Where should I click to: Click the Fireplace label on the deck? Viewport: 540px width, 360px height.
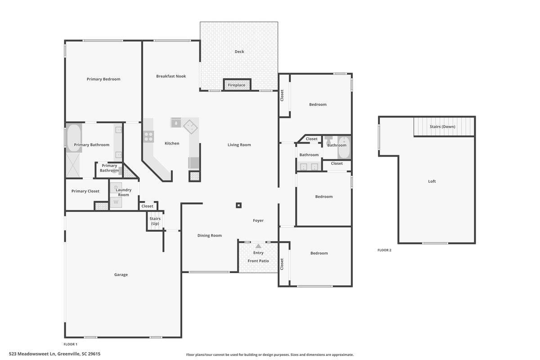coord(237,85)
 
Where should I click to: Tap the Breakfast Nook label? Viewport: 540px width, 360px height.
coord(171,76)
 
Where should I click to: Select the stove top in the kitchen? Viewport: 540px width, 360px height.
coord(148,136)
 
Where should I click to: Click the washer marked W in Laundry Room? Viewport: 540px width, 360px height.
coord(116,202)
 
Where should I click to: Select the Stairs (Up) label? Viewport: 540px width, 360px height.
coord(155,221)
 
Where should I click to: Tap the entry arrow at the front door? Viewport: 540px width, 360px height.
coord(258,246)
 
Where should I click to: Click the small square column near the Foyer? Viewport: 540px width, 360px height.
coord(239,206)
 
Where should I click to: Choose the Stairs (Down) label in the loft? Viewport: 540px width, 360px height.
coord(442,126)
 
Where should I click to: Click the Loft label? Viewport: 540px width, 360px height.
coord(432,181)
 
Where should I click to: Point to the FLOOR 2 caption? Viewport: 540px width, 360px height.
coord(384,250)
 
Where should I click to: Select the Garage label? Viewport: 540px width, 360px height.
coord(121,274)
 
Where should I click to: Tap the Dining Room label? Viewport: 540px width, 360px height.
coord(210,235)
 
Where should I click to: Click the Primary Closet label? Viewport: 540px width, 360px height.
coord(85,191)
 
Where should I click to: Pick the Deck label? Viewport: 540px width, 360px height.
coord(239,52)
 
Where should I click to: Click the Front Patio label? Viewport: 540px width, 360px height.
coord(258,261)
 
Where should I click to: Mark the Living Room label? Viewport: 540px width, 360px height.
coord(239,144)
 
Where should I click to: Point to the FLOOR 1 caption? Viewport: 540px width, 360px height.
coord(71,344)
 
